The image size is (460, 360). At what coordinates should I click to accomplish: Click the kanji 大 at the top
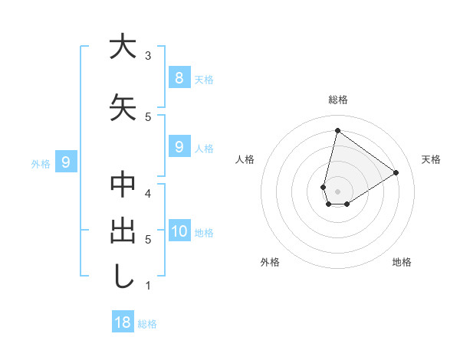coord(123,47)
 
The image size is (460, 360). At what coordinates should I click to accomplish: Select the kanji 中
coord(123,185)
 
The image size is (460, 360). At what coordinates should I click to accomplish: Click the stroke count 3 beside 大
coord(148,56)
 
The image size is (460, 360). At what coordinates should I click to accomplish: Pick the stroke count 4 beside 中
coord(148,193)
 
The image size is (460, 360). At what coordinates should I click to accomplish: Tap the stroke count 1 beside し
coord(148,286)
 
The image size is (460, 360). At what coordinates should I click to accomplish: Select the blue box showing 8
coord(179,77)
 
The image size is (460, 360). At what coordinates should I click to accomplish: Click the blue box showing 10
coord(179,231)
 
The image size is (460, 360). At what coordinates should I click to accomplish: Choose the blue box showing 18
coord(123,322)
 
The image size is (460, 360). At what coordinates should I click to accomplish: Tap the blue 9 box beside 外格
coord(66,162)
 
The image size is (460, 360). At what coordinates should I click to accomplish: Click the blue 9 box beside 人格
coord(179,146)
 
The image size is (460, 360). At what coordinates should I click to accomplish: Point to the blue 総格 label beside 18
coord(148,324)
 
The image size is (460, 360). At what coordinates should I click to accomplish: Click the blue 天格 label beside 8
coord(204,79)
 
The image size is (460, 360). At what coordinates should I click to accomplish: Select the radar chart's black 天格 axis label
coord(432,159)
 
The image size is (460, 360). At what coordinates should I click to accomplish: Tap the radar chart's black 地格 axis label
coord(402,262)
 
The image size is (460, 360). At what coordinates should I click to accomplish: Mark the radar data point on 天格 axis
coord(396,172)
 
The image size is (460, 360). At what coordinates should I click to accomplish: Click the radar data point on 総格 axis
coord(337,131)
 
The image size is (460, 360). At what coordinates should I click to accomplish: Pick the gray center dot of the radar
coord(337,191)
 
